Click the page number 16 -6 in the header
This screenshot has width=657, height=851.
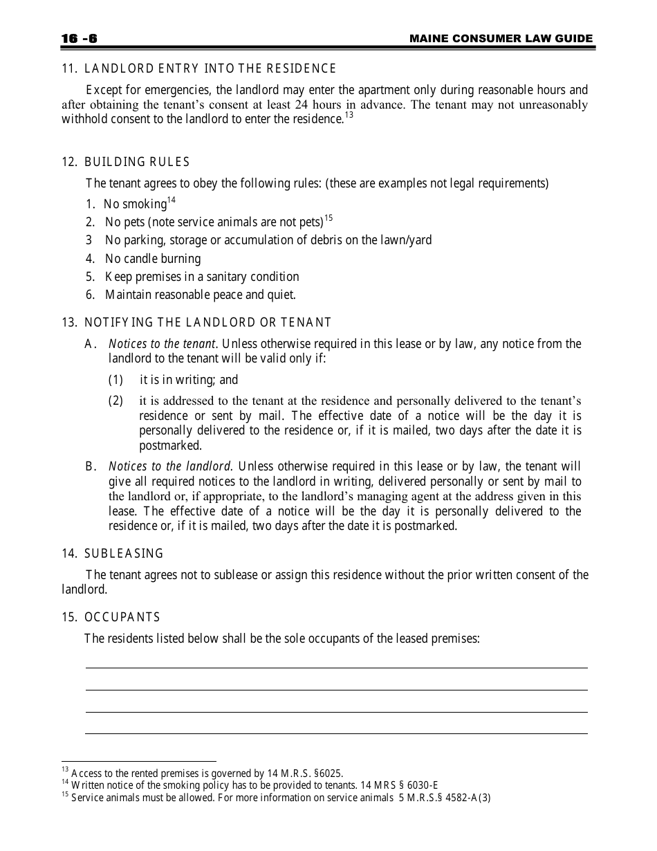79,39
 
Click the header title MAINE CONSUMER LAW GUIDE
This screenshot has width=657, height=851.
501,39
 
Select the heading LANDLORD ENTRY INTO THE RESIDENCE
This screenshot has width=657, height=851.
210,68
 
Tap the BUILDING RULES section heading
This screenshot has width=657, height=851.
137,162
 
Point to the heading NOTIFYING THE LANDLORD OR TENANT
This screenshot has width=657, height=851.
207,322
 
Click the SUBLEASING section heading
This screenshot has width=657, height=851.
124,553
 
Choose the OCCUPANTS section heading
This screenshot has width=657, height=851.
122,617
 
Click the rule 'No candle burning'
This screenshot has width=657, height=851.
153,259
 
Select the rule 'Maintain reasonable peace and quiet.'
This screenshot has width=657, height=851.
201,295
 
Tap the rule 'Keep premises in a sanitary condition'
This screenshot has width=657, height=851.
202,277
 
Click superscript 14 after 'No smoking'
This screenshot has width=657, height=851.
172,201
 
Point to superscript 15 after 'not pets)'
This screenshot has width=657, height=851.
328,219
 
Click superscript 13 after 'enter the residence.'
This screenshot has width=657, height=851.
349,116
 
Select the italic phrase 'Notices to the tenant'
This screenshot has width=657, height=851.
163,344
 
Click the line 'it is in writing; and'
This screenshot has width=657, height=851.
189,380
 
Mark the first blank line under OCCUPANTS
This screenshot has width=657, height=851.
336,667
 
